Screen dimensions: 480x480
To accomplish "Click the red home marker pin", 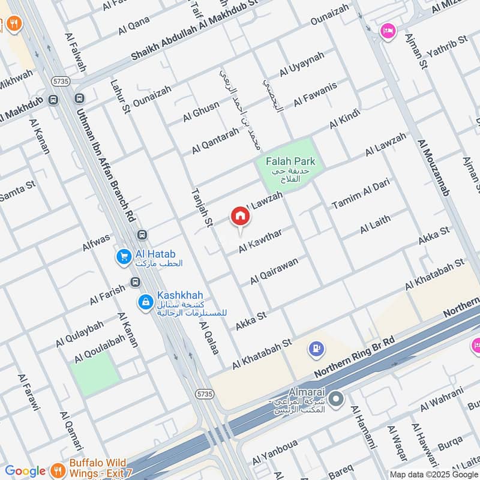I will [240, 217].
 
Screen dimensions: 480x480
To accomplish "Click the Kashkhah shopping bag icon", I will [145, 302].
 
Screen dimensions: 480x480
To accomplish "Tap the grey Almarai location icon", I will [337, 398].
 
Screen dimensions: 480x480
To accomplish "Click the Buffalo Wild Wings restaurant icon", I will [57, 469].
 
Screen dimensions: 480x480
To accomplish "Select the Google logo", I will [25, 471].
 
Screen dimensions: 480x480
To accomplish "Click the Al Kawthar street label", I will [260, 241].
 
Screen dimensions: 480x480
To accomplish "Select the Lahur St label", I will [121, 97].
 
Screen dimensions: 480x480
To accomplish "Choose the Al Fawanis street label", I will [315, 95].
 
